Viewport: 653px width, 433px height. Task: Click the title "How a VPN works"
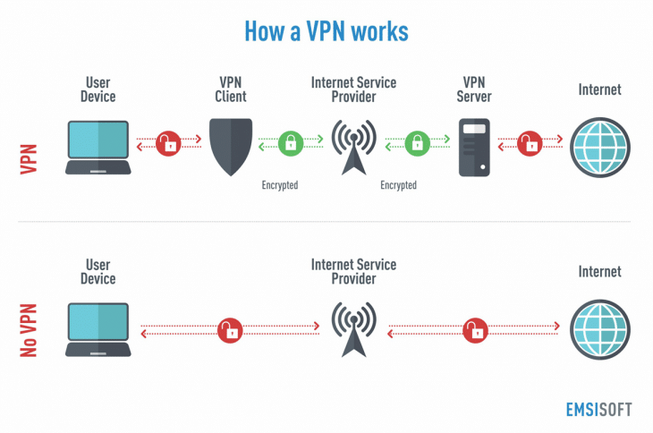coord(326,31)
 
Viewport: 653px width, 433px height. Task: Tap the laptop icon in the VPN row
coord(98,145)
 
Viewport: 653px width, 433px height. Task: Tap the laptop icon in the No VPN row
coord(98,329)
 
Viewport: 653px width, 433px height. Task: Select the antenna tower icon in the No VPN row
coord(353,328)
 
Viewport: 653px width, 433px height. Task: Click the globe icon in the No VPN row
coord(599,328)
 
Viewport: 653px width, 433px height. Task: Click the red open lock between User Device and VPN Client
coord(167,142)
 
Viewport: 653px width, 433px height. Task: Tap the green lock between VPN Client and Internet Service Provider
coord(289,142)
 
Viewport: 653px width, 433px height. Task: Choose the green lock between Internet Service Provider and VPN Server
coord(415,142)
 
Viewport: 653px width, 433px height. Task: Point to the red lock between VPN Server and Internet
coord(531,142)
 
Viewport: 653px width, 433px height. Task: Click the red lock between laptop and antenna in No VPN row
coord(231,329)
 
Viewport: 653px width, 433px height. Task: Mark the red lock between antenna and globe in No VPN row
coord(475,329)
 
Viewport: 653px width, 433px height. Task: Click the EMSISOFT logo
coord(598,409)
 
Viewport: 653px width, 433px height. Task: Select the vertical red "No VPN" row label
coord(30,329)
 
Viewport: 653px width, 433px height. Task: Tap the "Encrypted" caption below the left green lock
coord(279,185)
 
